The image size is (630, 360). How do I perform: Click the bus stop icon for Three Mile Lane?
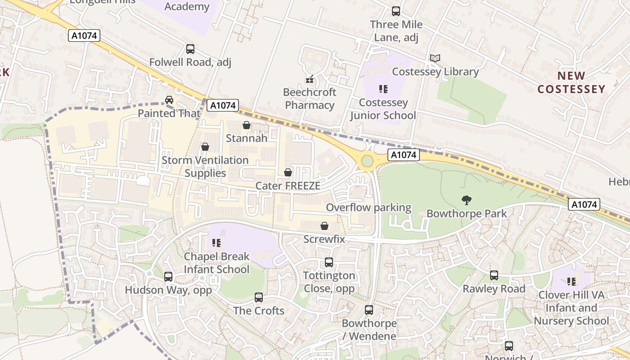[396, 11]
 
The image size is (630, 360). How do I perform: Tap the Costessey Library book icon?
[435, 58]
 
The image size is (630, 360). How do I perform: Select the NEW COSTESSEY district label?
[571, 82]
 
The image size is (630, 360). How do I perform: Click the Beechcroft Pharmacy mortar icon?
[310, 79]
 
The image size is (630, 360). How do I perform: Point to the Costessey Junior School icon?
[383, 89]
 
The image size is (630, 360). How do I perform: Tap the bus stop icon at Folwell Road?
[190, 49]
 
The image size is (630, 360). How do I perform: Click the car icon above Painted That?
[169, 100]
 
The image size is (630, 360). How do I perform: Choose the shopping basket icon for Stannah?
[247, 125]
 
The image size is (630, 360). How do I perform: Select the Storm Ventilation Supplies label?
[205, 166]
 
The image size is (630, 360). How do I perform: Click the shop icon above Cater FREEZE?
[288, 172]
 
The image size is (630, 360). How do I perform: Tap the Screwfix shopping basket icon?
[324, 226]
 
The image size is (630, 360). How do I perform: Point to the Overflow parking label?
[369, 207]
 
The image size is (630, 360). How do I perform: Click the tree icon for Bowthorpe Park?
[467, 200]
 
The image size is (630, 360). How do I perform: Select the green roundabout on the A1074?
[367, 161]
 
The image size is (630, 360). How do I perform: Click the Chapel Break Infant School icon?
[216, 243]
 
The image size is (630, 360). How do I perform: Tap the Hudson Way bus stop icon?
[168, 276]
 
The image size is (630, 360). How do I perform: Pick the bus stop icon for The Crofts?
[259, 297]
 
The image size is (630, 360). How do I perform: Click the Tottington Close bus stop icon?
[329, 262]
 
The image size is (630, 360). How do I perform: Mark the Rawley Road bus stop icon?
[494, 275]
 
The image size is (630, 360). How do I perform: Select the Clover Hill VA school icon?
[571, 282]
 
